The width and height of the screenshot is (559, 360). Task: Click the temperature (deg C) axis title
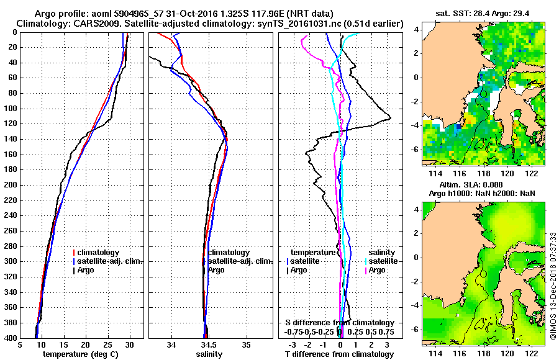point(80,354)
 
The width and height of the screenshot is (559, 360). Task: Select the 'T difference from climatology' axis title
point(340,354)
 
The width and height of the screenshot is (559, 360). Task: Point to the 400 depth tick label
point(11,338)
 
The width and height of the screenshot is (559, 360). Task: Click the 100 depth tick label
point(11,109)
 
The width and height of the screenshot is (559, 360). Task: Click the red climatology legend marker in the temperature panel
point(75,253)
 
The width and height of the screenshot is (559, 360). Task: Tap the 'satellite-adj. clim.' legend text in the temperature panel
point(110,261)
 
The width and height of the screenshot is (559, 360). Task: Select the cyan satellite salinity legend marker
point(366,261)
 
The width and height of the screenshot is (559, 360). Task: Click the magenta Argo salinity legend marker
point(366,270)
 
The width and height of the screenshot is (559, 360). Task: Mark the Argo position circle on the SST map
point(483,94)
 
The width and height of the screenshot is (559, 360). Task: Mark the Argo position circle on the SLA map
point(483,273)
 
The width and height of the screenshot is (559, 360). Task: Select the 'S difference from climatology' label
point(340,323)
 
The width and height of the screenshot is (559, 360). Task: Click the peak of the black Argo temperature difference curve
point(390,117)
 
